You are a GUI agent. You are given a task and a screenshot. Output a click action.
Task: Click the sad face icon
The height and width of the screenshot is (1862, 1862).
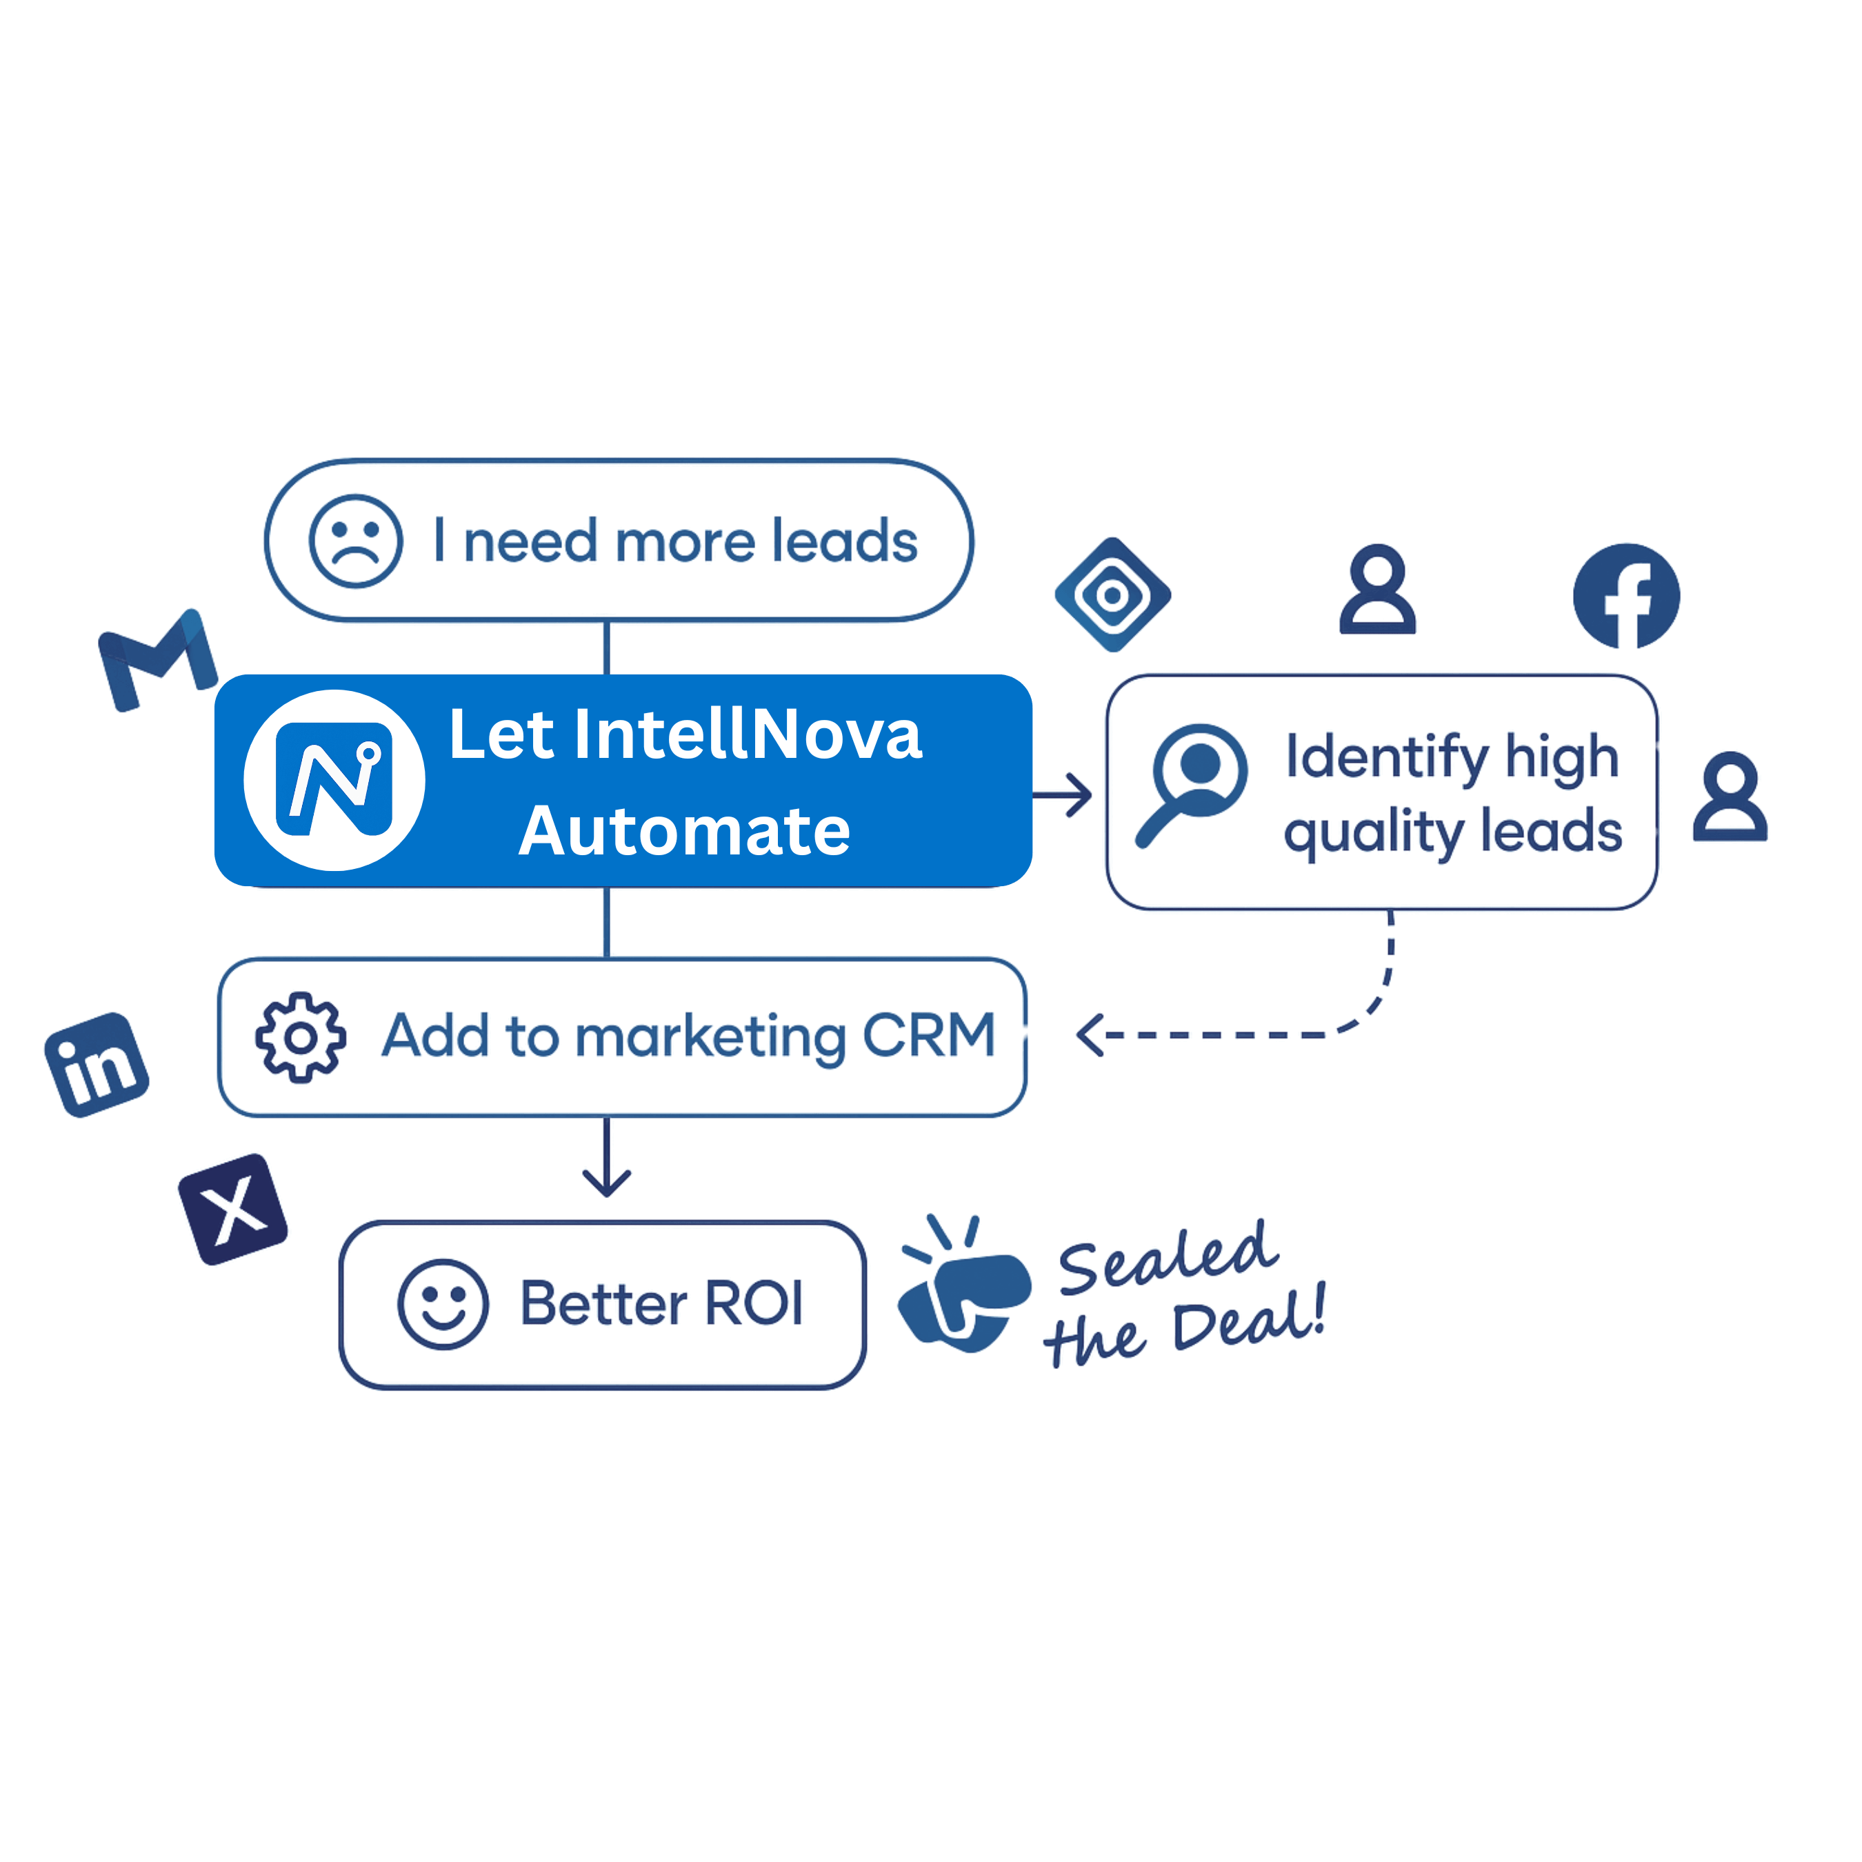[356, 541]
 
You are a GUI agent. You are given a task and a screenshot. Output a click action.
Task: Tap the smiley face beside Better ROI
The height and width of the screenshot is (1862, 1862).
[443, 1305]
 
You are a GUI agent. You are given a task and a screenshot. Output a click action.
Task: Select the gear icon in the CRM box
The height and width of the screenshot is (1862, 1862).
[301, 1037]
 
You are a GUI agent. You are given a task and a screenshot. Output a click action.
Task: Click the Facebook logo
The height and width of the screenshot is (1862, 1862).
[1627, 597]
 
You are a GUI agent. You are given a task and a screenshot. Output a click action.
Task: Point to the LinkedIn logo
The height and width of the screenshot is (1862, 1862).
[97, 1065]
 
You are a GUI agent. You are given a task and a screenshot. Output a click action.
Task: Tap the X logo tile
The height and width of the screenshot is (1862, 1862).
[233, 1210]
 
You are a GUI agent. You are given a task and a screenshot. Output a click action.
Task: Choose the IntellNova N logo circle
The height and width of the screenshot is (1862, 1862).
[334, 781]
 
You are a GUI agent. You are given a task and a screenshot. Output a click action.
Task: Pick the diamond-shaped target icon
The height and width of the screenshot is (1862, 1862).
[1113, 594]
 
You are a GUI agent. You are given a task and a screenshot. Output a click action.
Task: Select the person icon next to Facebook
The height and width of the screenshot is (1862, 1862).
[1378, 589]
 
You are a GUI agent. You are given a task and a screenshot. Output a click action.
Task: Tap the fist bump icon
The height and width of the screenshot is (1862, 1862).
[964, 1285]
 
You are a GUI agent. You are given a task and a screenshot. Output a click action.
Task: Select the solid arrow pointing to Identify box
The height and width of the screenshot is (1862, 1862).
[1062, 795]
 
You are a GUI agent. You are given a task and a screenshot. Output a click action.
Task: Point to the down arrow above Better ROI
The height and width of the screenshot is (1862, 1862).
[606, 1157]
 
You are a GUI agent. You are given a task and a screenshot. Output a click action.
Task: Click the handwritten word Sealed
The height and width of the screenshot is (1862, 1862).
[1168, 1258]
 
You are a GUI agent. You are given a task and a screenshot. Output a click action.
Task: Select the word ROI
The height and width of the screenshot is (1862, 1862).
[754, 1304]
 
